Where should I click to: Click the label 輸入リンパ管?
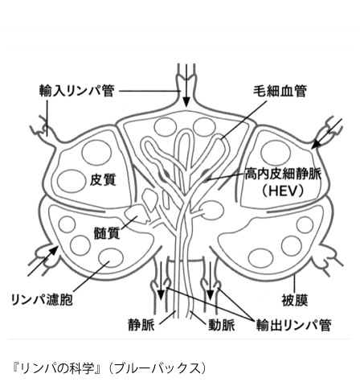pos(77,91)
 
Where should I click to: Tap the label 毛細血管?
pos(280,91)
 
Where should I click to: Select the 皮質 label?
pos(103,179)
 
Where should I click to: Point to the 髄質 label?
pos(106,233)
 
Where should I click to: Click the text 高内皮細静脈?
pos(283,175)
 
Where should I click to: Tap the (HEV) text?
pos(283,191)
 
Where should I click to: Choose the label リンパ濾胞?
pos(42,299)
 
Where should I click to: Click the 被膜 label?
pos(295,300)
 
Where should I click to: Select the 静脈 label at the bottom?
pos(141,325)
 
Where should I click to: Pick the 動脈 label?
pos(222,325)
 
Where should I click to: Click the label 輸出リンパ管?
pos(294,325)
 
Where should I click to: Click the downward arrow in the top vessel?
pos(186,86)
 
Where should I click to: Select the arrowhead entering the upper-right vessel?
pos(316,144)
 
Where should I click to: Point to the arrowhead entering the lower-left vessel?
pos(54,251)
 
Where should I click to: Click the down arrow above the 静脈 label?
pos(161,281)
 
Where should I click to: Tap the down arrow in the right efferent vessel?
pos(211,281)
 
